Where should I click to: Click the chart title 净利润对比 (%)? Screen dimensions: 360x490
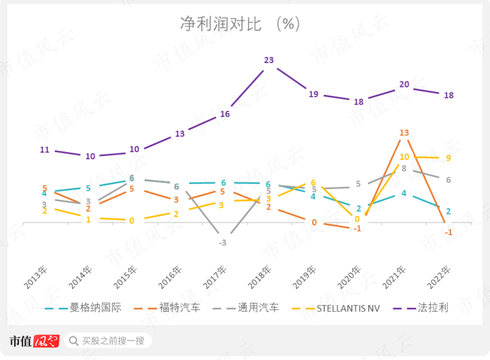coord(240,23)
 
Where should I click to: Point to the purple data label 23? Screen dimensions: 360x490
coord(269,60)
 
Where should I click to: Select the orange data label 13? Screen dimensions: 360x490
coord(404,132)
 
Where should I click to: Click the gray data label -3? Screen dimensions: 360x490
coord(223,243)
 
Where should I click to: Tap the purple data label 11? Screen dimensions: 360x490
coord(44,149)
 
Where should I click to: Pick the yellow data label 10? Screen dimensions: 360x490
coord(404,157)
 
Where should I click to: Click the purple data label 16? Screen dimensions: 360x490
coord(225,114)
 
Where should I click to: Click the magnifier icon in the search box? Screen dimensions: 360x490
coord(73,341)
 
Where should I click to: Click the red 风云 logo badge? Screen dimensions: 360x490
coord(46,341)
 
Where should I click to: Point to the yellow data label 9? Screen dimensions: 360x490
coord(448,158)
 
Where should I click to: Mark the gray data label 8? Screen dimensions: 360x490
coord(404,168)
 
